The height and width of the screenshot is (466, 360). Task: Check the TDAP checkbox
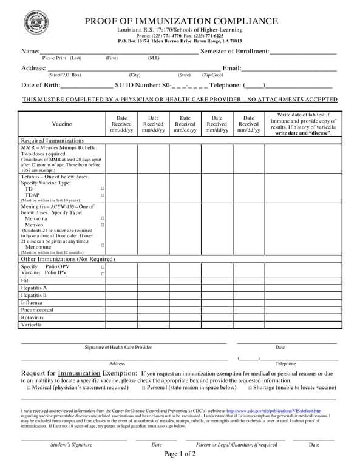point(103,195)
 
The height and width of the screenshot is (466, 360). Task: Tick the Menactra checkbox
point(103,218)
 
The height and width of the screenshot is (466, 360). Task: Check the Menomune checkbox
point(103,245)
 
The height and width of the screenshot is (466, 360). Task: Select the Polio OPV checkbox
point(103,267)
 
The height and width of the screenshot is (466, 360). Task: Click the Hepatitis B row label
point(34,295)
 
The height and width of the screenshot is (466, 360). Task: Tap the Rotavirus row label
point(32,317)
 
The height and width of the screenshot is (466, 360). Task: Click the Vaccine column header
point(61,124)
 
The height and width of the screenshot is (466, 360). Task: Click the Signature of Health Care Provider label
point(118,348)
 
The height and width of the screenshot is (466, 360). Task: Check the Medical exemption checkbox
point(29,388)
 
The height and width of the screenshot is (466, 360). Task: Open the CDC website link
point(274,411)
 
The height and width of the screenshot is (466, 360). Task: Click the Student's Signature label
point(71,445)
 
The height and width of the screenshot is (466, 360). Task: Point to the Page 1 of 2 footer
point(180,454)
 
